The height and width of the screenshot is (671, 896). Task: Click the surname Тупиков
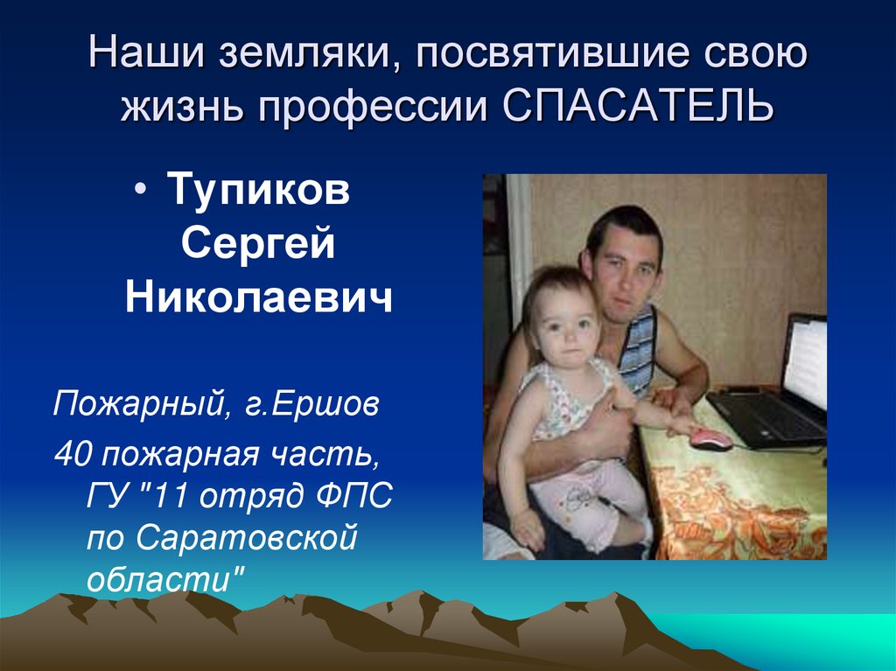(258, 191)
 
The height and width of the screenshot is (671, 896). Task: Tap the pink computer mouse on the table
(710, 437)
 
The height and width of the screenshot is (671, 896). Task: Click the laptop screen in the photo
(806, 362)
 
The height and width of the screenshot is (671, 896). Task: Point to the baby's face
(563, 325)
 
